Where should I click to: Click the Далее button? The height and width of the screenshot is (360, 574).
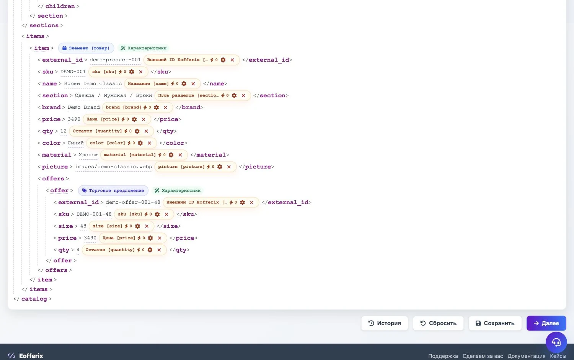click(546, 323)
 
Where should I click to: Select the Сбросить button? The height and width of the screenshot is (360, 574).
click(438, 323)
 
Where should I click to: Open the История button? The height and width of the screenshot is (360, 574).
click(384, 323)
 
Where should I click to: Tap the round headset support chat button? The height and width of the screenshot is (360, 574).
click(556, 342)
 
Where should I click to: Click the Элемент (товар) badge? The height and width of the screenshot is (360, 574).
click(86, 48)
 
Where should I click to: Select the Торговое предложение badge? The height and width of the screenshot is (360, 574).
click(113, 190)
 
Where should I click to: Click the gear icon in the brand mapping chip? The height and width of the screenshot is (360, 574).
click(156, 108)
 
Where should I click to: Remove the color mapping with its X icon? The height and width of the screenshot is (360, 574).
click(149, 143)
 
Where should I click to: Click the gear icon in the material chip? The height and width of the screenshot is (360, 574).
click(171, 155)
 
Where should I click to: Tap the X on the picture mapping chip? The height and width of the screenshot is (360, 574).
click(229, 167)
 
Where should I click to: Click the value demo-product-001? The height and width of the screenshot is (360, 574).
click(115, 60)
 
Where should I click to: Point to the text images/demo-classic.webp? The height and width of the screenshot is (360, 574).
click(114, 167)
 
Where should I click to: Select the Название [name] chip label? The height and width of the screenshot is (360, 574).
click(148, 83)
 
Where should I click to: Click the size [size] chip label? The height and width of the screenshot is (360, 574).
click(108, 226)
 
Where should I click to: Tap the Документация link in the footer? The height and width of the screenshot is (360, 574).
click(526, 356)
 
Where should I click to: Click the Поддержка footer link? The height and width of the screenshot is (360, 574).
click(443, 356)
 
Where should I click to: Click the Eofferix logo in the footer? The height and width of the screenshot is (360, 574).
click(25, 356)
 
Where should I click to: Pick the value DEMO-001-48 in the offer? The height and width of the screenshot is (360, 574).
click(94, 214)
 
